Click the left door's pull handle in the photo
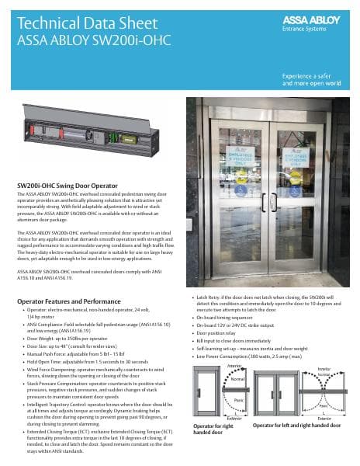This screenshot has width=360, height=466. coord(261,203)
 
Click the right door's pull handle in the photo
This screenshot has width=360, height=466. coord(277,203)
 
